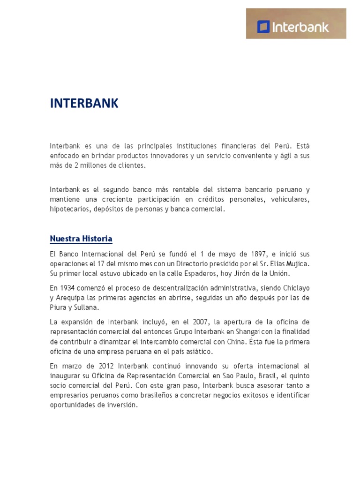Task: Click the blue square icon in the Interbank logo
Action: (264, 26)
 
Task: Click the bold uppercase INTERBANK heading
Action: (84, 104)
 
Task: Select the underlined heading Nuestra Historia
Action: (81, 239)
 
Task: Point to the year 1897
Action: (220, 254)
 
